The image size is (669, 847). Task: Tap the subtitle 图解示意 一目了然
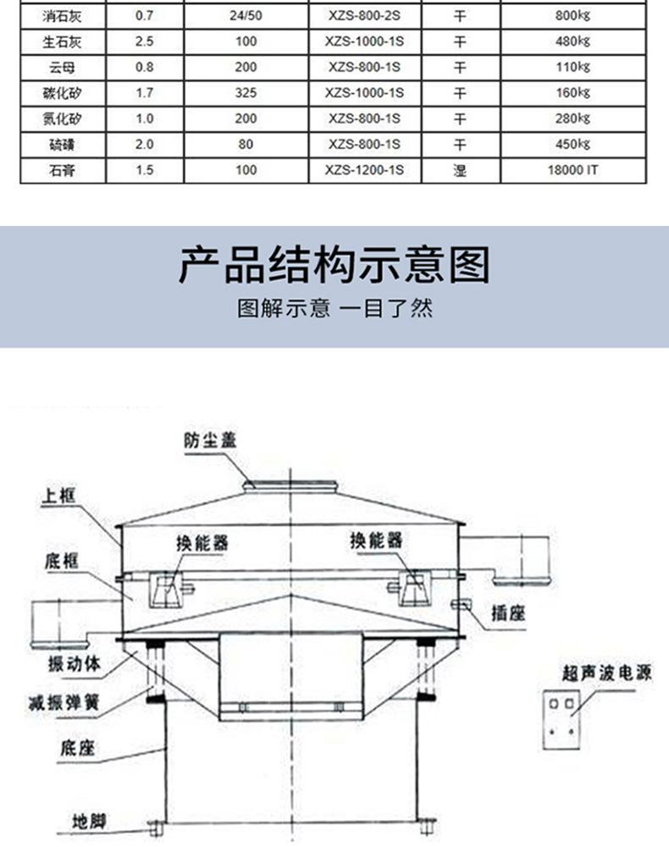[x=334, y=308]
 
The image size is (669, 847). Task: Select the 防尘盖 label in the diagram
[x=211, y=439]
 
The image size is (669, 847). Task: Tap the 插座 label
[x=508, y=613]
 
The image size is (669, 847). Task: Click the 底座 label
[x=77, y=748]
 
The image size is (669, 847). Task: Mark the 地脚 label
[x=90, y=820]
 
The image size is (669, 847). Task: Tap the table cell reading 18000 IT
[x=573, y=170]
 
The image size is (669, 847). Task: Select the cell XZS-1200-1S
[x=365, y=170]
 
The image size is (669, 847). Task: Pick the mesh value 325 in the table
[x=246, y=92]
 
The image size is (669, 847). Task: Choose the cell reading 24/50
[x=246, y=15]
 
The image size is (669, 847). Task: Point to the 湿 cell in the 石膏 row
[x=460, y=170]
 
